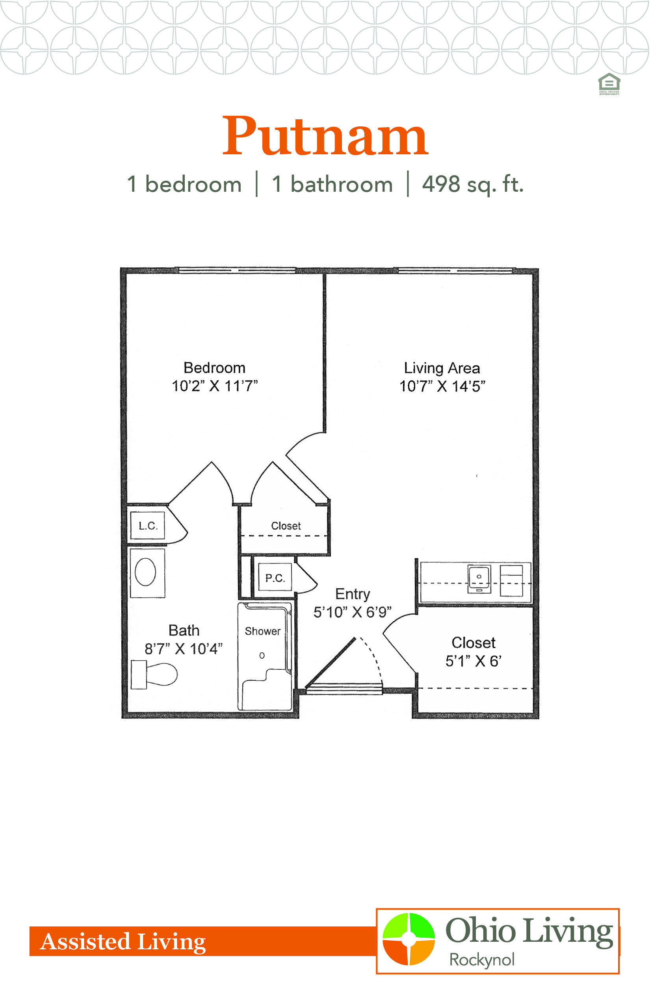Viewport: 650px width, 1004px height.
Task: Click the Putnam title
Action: click(x=325, y=136)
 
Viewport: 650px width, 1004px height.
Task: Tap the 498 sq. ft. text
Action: click(x=473, y=184)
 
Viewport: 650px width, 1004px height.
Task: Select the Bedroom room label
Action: click(x=214, y=368)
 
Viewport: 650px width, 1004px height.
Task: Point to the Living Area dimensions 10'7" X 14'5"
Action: click(x=442, y=386)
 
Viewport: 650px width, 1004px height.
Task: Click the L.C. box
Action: click(x=148, y=526)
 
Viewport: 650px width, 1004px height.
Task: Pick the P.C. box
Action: click(x=275, y=578)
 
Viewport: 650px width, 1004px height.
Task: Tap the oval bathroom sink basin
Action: click(x=146, y=572)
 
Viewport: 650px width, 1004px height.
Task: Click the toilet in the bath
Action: click(x=154, y=674)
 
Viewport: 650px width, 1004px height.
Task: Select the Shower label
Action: click(x=262, y=631)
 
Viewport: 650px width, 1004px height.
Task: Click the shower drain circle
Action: click(x=262, y=656)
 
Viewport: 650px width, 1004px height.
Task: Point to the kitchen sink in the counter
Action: click(x=479, y=579)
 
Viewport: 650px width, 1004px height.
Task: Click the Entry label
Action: click(x=353, y=595)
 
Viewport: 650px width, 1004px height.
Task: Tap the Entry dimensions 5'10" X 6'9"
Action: click(x=353, y=612)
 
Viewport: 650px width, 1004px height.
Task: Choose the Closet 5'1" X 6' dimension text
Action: click(x=474, y=661)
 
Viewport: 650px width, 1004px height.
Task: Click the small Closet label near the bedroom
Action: click(x=286, y=526)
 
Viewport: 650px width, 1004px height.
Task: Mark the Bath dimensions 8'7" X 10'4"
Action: click(x=184, y=649)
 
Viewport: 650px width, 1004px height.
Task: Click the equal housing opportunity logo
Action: click(x=609, y=84)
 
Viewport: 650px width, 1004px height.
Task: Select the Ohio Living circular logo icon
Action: click(x=409, y=939)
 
